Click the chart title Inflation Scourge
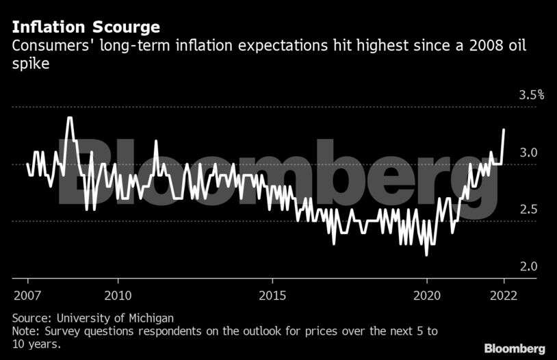(x=86, y=27)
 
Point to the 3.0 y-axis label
(x=528, y=152)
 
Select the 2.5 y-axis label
(x=528, y=209)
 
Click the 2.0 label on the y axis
(x=528, y=266)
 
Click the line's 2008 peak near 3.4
(x=69, y=118)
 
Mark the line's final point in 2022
(x=504, y=129)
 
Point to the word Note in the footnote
(x=25, y=331)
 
